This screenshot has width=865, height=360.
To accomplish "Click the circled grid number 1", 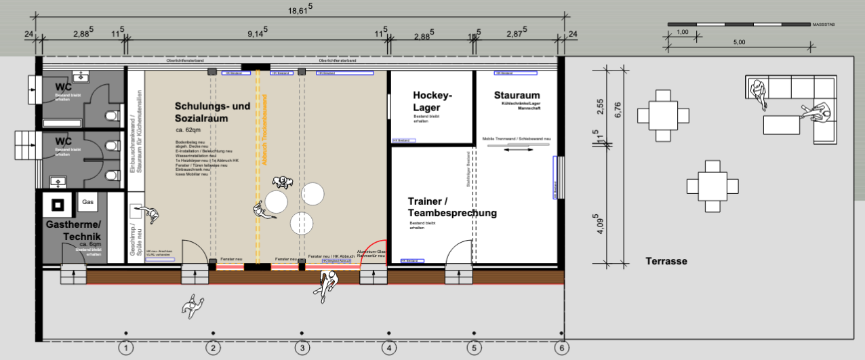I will (x=125, y=348).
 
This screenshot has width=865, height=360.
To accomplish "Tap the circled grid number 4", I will (x=388, y=348).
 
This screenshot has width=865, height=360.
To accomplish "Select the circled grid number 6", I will (x=561, y=348).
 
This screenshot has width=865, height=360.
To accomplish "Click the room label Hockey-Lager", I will (x=432, y=101).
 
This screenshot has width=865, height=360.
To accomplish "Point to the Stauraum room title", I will (x=517, y=95).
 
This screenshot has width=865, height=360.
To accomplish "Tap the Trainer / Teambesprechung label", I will (x=452, y=207).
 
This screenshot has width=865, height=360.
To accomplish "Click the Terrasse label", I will (x=666, y=261).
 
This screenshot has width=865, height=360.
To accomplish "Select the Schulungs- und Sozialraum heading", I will (x=212, y=112).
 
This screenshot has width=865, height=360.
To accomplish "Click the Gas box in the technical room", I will (x=88, y=202).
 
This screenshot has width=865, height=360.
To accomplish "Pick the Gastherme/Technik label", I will (x=74, y=230).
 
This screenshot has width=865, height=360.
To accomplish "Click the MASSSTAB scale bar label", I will (x=823, y=24).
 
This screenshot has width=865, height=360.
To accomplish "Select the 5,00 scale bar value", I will (x=739, y=42).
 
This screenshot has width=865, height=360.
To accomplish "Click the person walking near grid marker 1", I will (x=193, y=306).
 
